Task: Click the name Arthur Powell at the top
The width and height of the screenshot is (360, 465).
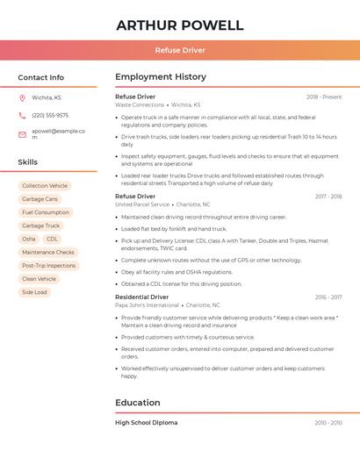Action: (x=180, y=25)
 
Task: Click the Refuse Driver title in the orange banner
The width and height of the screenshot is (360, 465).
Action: (x=180, y=50)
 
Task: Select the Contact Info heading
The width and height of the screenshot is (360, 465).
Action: (x=41, y=77)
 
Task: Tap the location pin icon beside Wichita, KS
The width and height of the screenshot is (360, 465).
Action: (x=22, y=97)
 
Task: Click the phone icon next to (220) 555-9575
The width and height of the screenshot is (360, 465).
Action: (x=22, y=115)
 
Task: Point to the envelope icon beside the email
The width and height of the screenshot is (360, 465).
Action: (x=22, y=133)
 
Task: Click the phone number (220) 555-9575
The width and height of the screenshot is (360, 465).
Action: (x=50, y=115)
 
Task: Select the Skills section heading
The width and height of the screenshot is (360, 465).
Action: (x=28, y=162)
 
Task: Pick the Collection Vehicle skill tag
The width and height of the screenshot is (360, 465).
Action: (x=45, y=186)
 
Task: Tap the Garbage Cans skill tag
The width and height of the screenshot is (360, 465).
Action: (x=40, y=199)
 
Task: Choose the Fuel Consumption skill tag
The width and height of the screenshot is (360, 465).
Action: (x=46, y=212)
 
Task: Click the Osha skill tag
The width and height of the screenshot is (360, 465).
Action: (x=29, y=239)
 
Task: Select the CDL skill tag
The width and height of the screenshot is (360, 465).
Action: (x=53, y=239)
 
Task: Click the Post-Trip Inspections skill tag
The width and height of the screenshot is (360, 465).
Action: (x=49, y=265)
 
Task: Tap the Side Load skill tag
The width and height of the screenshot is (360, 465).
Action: (x=35, y=292)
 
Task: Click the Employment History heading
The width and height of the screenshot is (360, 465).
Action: (x=161, y=77)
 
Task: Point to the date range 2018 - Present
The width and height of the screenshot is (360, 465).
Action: (x=324, y=97)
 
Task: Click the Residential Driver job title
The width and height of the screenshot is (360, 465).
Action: (x=142, y=297)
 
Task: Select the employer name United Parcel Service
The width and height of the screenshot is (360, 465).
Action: (x=142, y=204)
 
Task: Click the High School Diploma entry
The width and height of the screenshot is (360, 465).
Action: (x=146, y=423)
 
